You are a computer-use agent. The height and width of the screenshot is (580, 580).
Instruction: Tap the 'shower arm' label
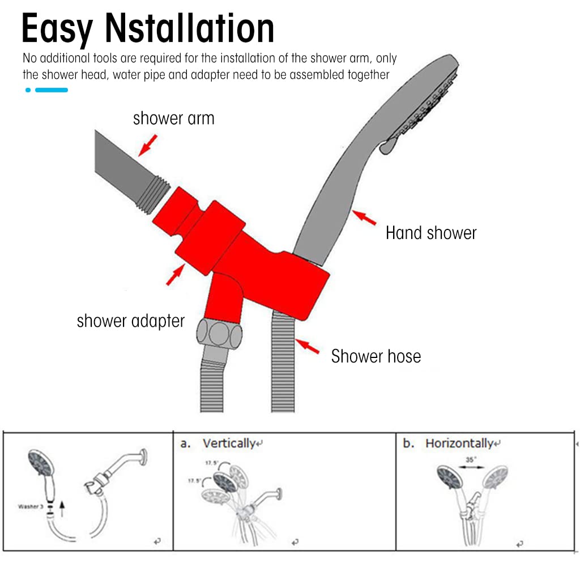coord(173,118)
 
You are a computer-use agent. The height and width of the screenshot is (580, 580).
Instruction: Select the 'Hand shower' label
coord(431,233)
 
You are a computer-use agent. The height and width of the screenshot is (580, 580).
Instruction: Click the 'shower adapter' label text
coord(131,321)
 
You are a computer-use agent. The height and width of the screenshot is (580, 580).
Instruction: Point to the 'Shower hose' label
coord(376,356)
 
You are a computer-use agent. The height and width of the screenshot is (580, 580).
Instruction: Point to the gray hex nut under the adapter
coord(221,333)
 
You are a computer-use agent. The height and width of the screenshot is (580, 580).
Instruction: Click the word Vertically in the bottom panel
coord(229,443)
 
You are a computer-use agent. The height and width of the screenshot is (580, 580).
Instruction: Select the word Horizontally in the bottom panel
coord(459,443)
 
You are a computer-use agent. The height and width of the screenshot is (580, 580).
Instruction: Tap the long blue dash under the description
coord(52,90)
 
